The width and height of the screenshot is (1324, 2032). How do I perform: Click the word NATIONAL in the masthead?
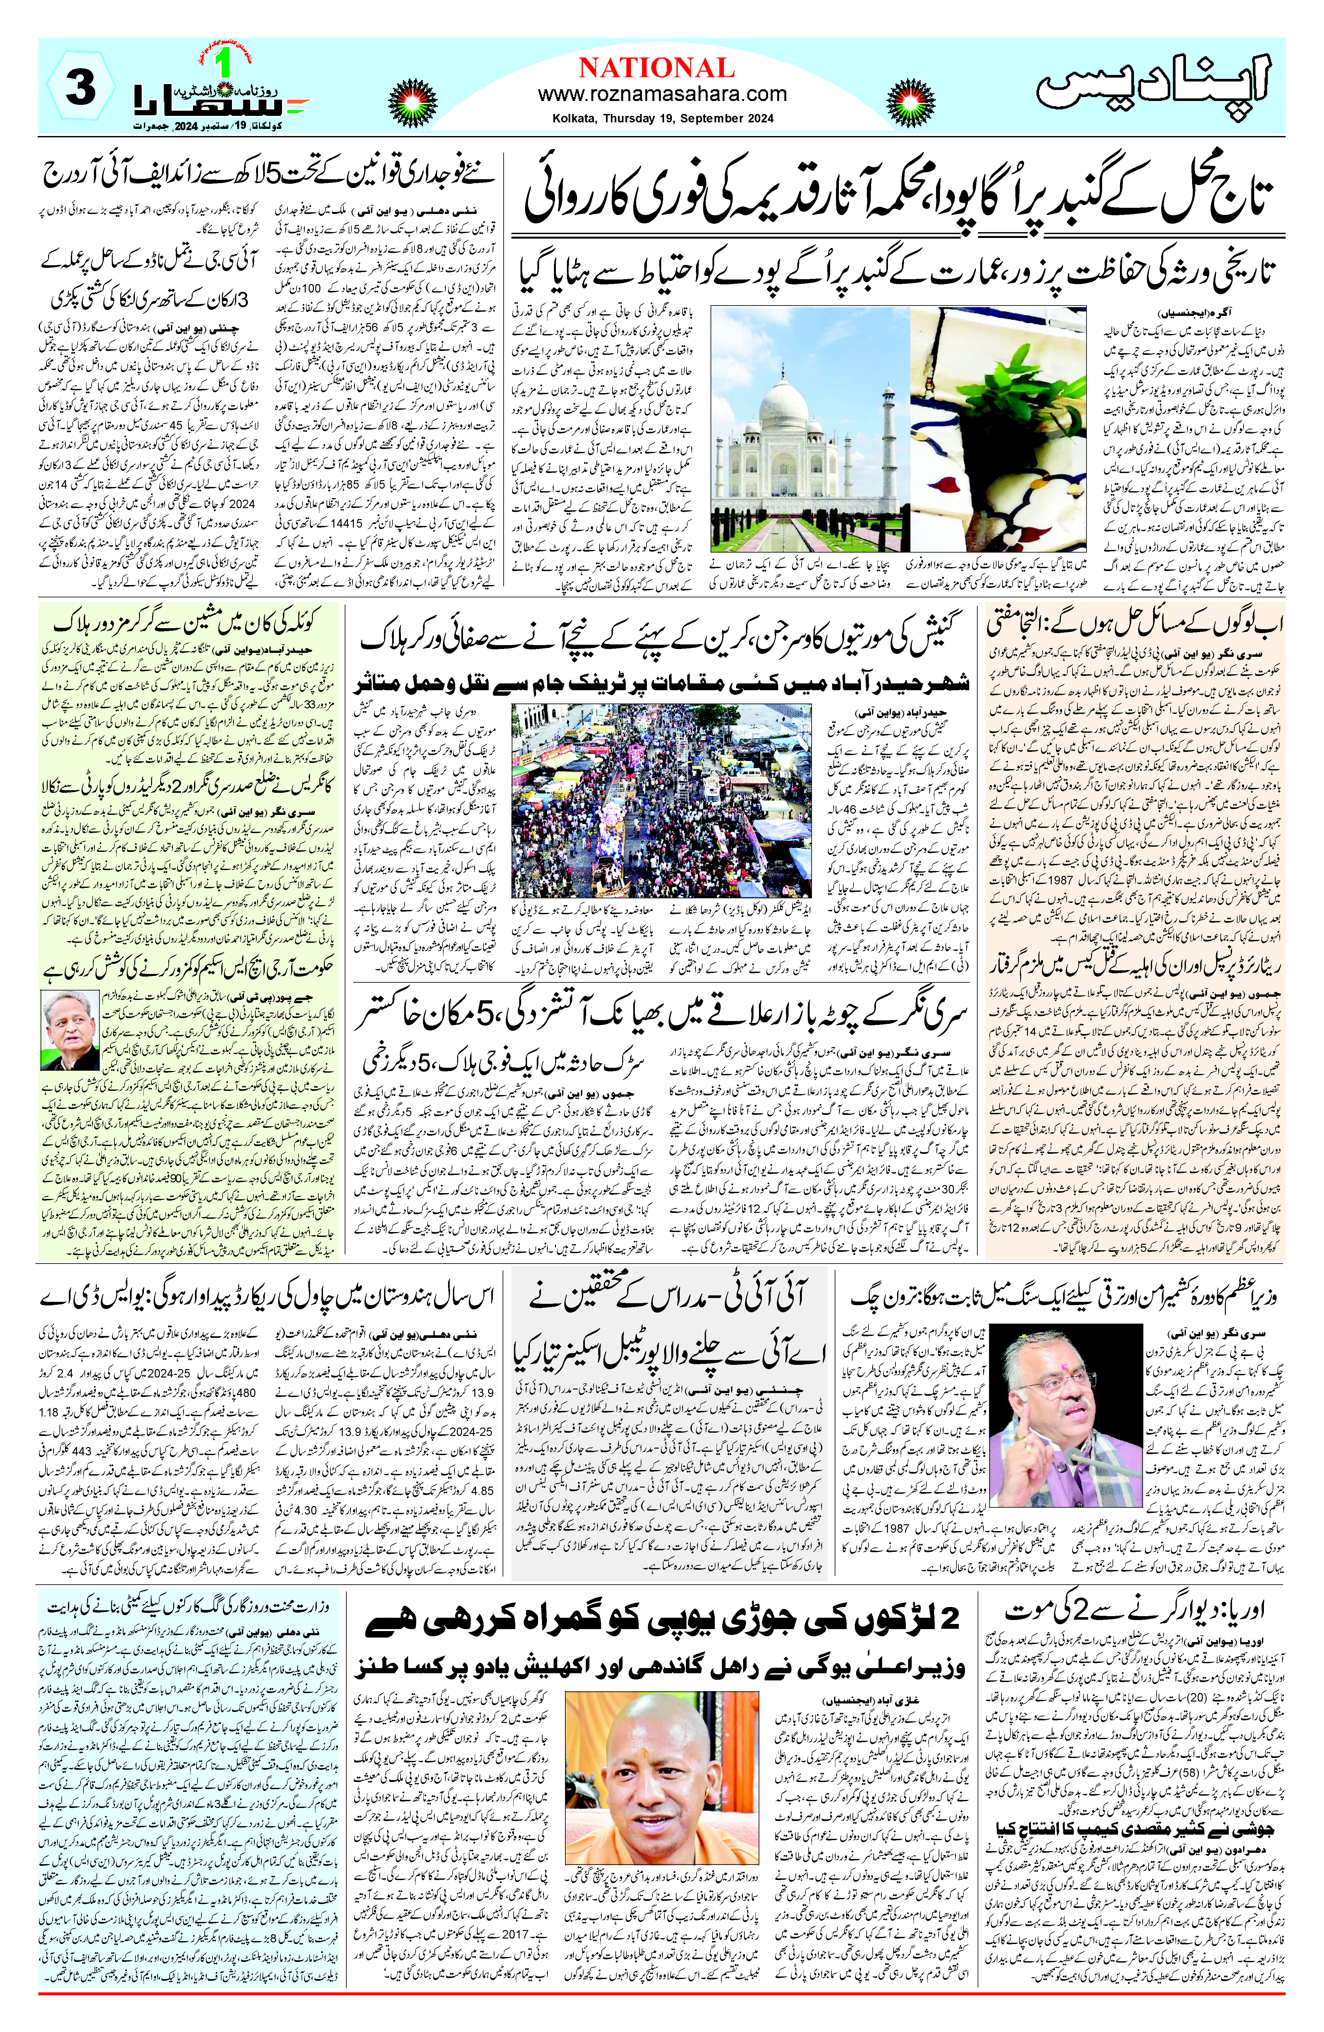(x=656, y=68)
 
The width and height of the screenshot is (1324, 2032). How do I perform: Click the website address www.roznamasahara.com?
(x=662, y=94)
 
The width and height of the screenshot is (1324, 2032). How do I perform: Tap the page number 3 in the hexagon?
(x=81, y=89)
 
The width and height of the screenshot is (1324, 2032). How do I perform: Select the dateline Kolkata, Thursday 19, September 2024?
(x=662, y=119)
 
